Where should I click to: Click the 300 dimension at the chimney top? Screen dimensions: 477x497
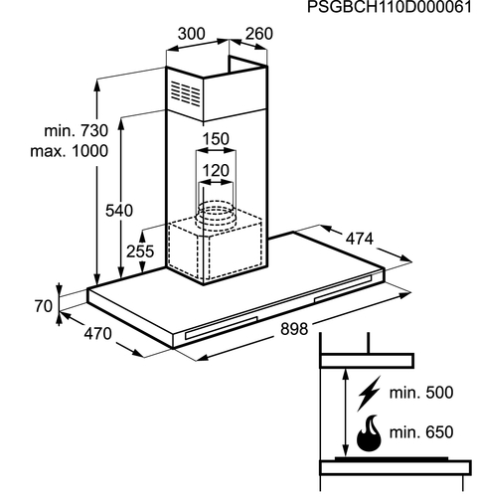[x=192, y=34]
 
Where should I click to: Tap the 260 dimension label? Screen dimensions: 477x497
[x=259, y=34]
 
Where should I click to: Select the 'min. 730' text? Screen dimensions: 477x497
[x=77, y=131]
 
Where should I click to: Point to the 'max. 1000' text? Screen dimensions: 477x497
[x=70, y=151]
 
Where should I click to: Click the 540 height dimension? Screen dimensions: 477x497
[x=119, y=211]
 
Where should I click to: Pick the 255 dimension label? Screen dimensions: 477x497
[x=140, y=251]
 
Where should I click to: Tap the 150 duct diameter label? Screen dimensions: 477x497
[x=216, y=139]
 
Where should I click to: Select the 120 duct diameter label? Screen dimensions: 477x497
[x=216, y=171]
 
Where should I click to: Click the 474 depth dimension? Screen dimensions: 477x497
[x=360, y=239]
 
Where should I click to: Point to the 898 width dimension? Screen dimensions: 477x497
[x=294, y=329]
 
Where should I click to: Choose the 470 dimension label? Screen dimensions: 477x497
[x=97, y=334]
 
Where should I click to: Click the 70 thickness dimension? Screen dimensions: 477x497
[x=44, y=306]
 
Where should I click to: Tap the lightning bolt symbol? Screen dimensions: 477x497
[x=369, y=394]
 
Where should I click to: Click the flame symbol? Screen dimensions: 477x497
[x=369, y=434]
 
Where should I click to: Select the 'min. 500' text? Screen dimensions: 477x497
[x=421, y=393]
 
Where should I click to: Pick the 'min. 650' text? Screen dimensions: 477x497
[x=421, y=432]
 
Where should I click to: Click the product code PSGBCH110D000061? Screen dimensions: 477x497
[x=390, y=7]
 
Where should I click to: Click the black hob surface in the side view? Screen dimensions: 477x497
[x=392, y=459]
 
